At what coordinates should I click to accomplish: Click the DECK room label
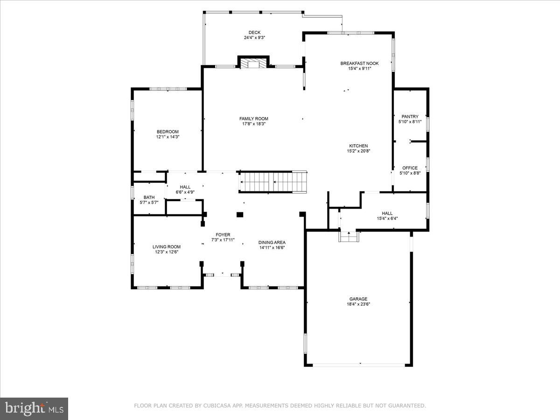tap(254, 33)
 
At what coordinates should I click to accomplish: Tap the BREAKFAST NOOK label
tap(359, 63)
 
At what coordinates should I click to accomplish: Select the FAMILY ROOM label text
tap(254, 119)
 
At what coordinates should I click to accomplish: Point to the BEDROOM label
tap(168, 132)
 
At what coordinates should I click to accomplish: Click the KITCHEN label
tap(358, 146)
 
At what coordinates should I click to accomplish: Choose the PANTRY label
tap(410, 117)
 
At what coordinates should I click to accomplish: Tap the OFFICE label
tap(410, 168)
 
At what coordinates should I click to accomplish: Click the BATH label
tap(149, 197)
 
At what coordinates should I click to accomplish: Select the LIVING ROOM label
tap(167, 247)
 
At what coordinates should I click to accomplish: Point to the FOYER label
tap(223, 235)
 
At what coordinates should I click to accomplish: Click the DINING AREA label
tap(272, 242)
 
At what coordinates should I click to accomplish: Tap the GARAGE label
tap(358, 299)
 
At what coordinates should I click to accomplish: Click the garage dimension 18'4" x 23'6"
tap(358, 304)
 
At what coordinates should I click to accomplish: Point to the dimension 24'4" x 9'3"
tap(254, 38)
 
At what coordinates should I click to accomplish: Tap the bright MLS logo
tap(34, 408)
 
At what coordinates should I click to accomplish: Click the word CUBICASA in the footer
tap(217, 406)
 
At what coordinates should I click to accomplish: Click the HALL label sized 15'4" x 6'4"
tap(387, 213)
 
